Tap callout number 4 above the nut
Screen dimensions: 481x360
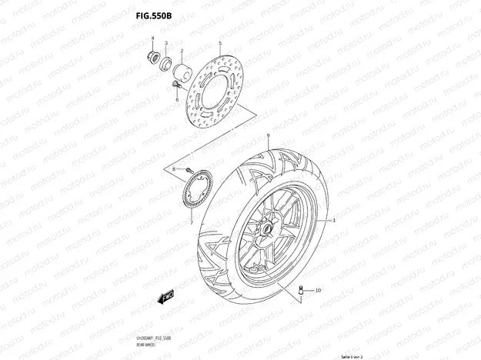tap(152, 38)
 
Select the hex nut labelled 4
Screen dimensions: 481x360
tap(152, 57)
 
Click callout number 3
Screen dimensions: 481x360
tap(167, 44)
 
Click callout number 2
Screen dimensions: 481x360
tap(182, 52)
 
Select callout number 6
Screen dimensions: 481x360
tap(176, 102)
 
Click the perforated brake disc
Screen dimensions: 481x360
tap(220, 97)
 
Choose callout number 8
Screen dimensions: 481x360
tap(175, 168)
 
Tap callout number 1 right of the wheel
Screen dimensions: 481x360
tap(335, 220)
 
